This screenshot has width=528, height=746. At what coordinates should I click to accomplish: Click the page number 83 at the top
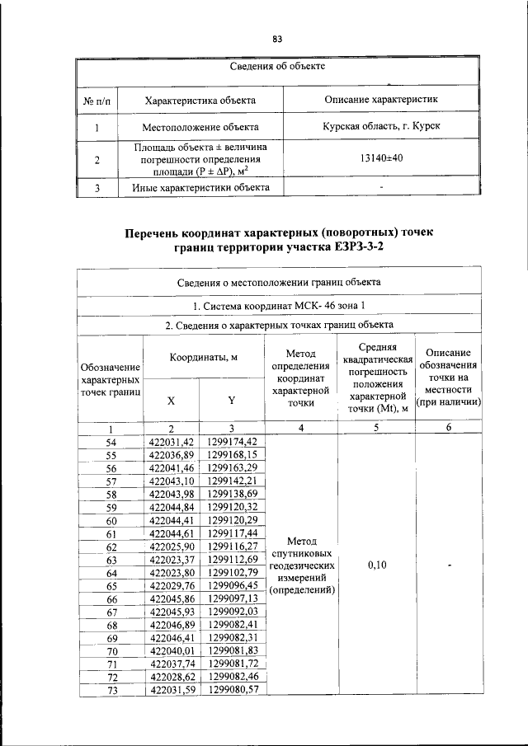tap(277, 40)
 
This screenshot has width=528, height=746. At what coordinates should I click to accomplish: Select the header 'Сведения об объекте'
tap(277, 66)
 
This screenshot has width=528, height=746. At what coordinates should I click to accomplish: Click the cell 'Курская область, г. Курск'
tap(381, 126)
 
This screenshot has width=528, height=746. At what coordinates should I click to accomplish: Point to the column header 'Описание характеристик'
tap(381, 100)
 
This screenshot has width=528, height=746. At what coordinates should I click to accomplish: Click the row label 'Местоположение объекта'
tap(200, 127)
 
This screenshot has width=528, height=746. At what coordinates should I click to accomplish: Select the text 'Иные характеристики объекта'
tap(200, 187)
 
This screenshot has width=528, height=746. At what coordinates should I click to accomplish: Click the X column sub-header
tap(171, 400)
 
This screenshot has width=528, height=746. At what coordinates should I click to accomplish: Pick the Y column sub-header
tap(232, 400)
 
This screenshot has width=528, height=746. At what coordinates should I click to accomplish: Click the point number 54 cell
tap(111, 443)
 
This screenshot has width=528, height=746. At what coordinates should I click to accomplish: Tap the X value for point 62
tap(171, 547)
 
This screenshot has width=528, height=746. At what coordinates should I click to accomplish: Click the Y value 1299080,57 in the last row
tap(233, 689)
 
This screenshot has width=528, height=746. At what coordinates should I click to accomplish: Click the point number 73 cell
tap(111, 689)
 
